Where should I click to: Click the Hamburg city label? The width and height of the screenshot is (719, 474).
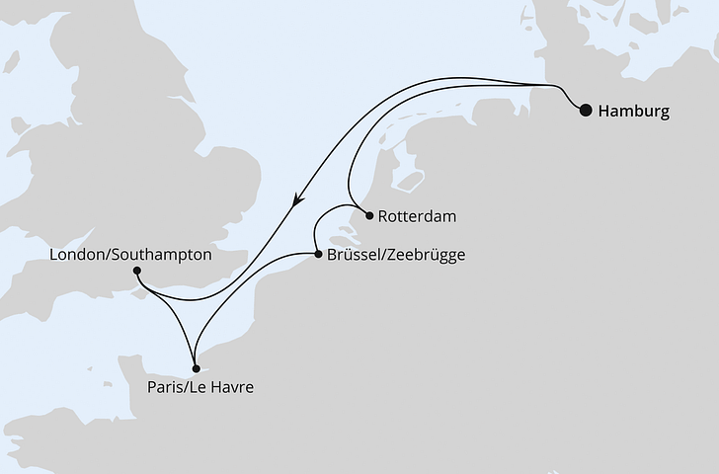pos(633,112)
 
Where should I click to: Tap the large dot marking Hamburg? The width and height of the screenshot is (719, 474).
pos(586,111)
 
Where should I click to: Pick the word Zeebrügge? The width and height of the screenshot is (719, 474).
pos(427,255)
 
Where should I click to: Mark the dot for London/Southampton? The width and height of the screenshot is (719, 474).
pos(136,271)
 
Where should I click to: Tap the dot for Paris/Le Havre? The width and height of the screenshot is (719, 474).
pos(195,368)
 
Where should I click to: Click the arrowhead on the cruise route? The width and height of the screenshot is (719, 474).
pos(295,200)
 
